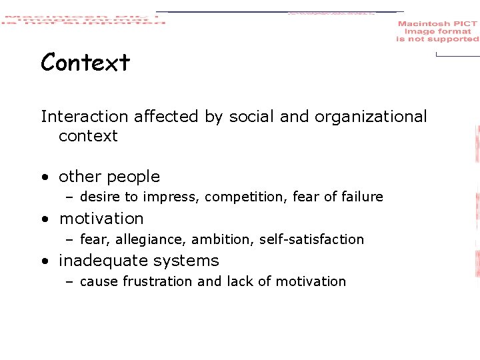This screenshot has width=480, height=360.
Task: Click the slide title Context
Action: (x=85, y=63)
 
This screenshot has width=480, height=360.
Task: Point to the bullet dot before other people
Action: (x=44, y=177)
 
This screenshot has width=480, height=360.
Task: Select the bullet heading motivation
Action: (x=101, y=219)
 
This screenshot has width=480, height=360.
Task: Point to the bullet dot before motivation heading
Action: (x=44, y=219)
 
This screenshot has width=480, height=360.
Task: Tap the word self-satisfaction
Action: (x=311, y=239)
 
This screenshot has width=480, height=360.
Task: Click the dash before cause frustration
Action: (x=69, y=282)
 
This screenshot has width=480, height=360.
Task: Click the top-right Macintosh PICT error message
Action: (x=437, y=31)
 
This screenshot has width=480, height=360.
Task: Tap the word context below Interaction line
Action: (x=88, y=136)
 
